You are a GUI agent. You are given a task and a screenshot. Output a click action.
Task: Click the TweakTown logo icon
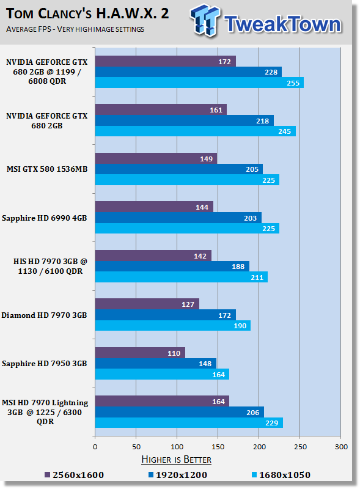(x=204, y=20)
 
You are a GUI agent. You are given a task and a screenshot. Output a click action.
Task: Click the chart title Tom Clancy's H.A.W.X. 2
(x=87, y=13)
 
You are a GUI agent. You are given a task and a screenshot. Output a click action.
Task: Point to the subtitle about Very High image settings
(x=75, y=29)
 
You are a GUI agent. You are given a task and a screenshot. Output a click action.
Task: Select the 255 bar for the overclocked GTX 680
(x=199, y=83)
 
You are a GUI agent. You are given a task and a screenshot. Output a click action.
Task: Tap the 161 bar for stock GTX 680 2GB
(x=161, y=110)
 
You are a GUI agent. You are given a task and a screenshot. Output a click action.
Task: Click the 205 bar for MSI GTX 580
(x=178, y=169)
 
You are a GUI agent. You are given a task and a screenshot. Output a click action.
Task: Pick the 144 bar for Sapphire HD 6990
(x=154, y=207)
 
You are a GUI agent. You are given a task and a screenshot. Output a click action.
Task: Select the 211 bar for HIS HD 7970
(x=182, y=277)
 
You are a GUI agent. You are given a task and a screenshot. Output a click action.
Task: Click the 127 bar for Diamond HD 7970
(x=147, y=304)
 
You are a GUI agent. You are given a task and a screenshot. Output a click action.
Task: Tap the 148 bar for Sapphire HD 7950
(x=156, y=363)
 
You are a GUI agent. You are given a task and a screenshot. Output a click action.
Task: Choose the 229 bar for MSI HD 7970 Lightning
(x=189, y=422)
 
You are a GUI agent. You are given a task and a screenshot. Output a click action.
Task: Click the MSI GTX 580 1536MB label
(x=47, y=169)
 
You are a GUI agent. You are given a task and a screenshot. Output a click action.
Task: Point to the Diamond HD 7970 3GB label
(x=44, y=315)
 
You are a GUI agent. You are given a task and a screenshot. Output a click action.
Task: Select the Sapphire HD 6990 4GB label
(x=44, y=218)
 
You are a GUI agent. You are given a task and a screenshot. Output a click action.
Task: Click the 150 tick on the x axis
(x=218, y=447)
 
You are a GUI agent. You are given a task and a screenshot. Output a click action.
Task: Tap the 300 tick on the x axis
(x=341, y=447)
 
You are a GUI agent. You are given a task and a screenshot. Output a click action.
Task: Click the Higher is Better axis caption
(x=176, y=460)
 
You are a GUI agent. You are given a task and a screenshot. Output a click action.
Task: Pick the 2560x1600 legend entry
(x=74, y=475)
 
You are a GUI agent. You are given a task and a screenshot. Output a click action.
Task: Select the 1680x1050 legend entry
(x=281, y=475)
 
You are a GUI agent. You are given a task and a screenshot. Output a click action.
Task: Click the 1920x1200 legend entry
(x=178, y=475)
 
